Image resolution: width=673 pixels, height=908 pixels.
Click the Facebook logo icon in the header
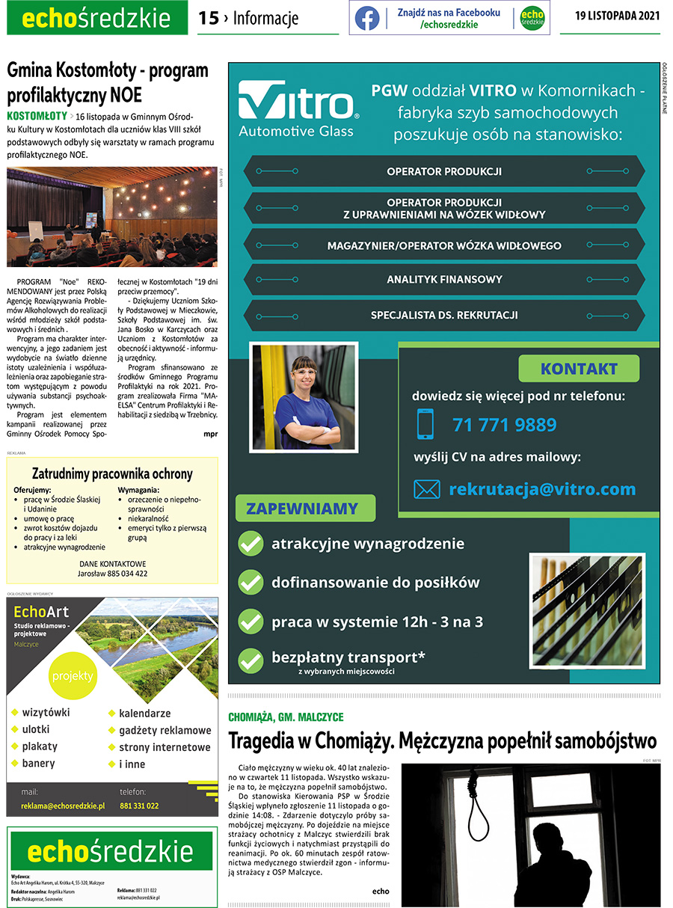[367, 19]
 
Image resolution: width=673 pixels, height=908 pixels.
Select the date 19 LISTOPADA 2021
[617, 16]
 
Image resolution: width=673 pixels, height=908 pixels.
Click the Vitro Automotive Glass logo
[298, 109]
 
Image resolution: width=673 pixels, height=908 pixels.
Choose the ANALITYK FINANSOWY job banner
[444, 280]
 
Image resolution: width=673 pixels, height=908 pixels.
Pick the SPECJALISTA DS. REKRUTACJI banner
[444, 315]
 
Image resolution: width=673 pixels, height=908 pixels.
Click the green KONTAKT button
[579, 369]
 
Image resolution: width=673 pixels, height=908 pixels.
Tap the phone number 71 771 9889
[504, 425]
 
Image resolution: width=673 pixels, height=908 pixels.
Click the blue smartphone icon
[425, 424]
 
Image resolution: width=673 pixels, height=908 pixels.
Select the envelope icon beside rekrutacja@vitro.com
[427, 489]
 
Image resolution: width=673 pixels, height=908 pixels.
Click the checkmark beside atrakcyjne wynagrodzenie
[250, 544]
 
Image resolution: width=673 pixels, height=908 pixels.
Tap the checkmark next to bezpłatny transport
[250, 660]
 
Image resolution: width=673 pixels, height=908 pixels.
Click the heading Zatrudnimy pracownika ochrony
[112, 473]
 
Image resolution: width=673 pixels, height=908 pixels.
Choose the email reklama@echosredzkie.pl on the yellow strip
[63, 806]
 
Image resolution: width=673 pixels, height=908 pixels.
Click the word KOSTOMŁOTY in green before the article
[37, 116]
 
